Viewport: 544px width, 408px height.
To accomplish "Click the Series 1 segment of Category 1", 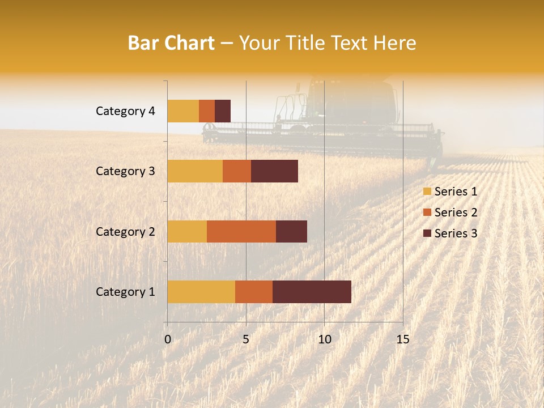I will click(x=201, y=291).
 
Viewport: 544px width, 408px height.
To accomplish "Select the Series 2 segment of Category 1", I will click(x=254, y=291).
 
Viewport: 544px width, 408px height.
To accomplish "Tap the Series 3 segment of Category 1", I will click(x=312, y=291).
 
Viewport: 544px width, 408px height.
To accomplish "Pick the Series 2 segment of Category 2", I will click(x=241, y=231).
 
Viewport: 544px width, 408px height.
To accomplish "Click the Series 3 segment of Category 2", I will click(x=291, y=231).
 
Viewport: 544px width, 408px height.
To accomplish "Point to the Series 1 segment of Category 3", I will click(x=195, y=171).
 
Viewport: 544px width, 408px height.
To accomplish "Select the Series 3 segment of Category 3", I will click(x=274, y=171).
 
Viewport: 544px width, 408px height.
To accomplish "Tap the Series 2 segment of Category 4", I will click(x=207, y=111).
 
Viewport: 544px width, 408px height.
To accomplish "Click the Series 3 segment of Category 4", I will click(x=223, y=111).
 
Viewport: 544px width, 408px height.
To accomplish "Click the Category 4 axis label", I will click(x=125, y=111).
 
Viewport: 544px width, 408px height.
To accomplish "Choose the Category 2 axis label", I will click(x=125, y=231).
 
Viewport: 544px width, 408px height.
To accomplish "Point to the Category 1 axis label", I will click(x=125, y=292).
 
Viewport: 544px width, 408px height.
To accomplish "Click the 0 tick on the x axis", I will click(x=168, y=339).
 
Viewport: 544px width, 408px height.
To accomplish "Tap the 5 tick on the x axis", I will click(x=246, y=339).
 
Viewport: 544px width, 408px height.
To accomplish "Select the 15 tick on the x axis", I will click(x=402, y=339).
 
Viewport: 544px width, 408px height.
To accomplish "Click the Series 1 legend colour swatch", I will click(x=427, y=192).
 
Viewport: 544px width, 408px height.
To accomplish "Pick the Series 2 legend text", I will click(x=456, y=212).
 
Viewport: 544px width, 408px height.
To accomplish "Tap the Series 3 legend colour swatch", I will click(x=427, y=233).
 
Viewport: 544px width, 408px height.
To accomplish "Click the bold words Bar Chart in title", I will click(x=171, y=43).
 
